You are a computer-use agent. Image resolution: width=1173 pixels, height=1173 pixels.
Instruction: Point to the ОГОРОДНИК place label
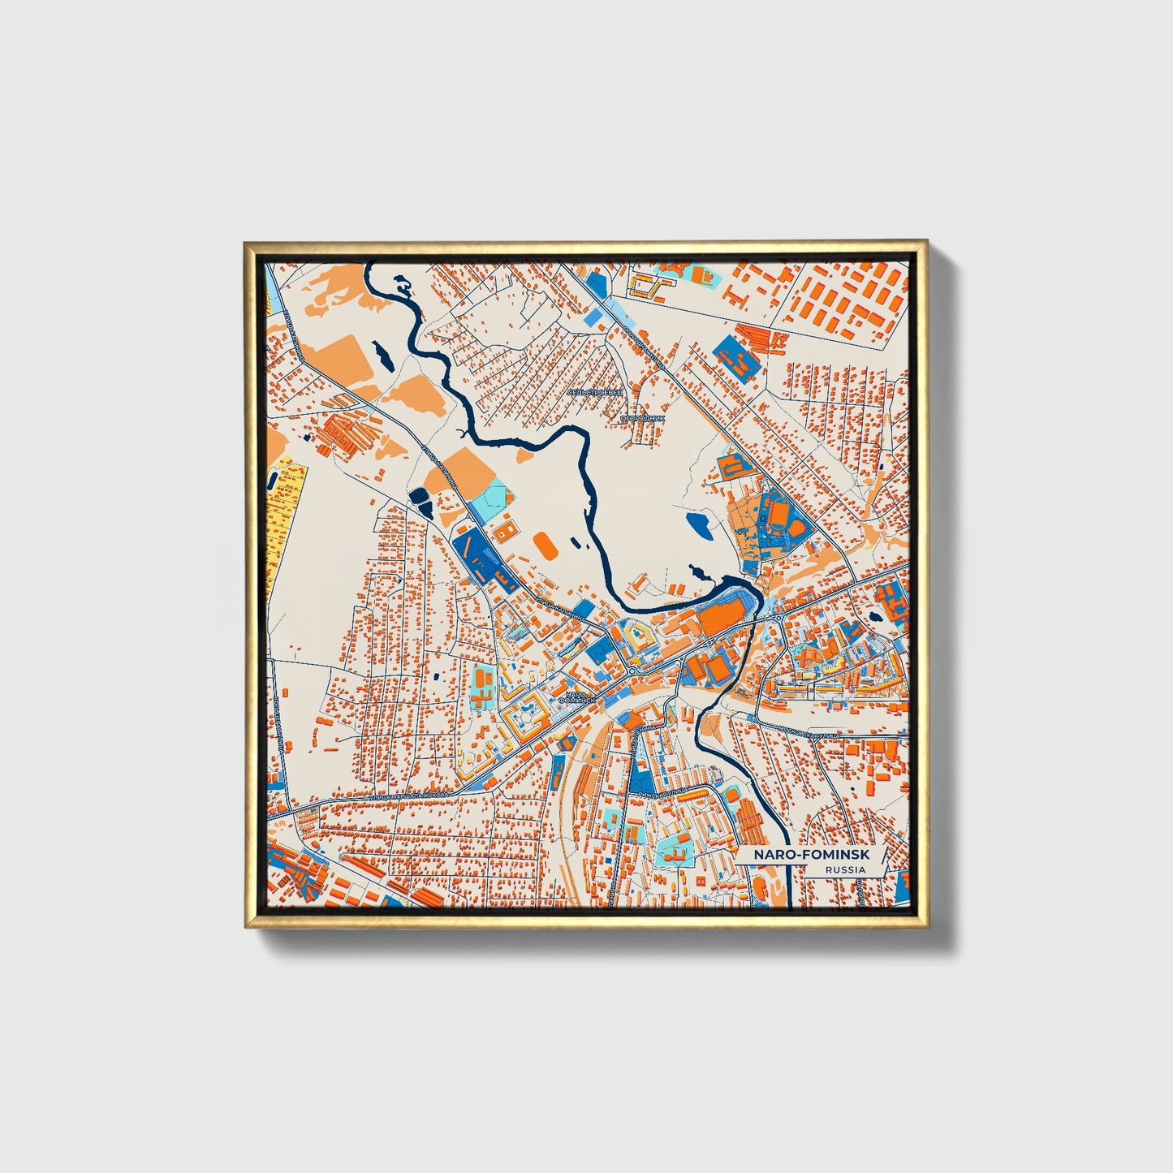642,418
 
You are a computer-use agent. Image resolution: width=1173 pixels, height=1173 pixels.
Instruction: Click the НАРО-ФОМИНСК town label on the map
576,696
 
